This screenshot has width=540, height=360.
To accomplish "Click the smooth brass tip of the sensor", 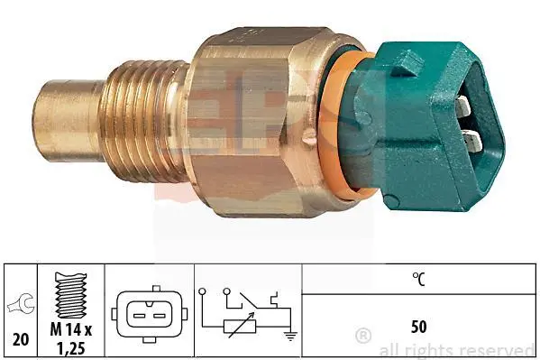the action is tap(68, 120).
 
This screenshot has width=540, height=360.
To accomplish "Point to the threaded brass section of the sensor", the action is tap(143, 121).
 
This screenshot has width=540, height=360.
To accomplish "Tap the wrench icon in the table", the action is tap(22, 304).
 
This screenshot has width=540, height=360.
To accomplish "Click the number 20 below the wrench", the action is tap(21, 339).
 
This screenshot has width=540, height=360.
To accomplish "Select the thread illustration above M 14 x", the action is tap(71, 295).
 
